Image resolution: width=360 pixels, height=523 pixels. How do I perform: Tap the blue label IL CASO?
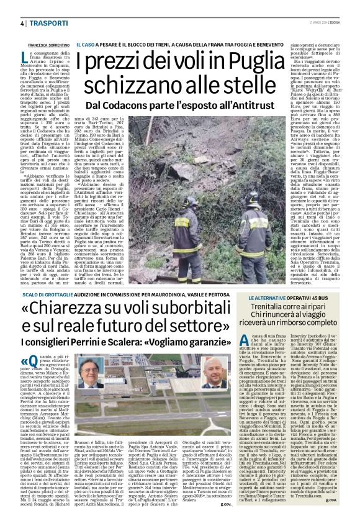[x=86, y=46]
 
